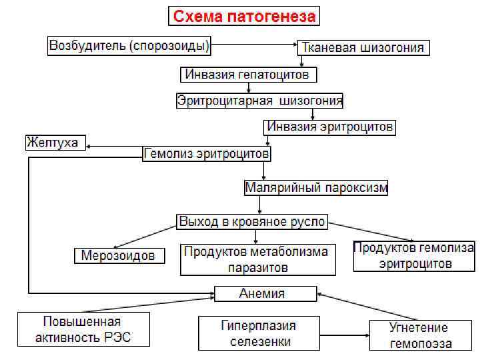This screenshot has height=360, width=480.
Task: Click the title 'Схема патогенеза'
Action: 245,16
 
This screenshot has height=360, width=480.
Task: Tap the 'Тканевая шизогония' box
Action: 363,48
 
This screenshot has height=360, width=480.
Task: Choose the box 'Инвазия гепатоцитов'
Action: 247,74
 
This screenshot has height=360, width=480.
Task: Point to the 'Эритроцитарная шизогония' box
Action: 260,101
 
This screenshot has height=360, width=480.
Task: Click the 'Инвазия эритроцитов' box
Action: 330,126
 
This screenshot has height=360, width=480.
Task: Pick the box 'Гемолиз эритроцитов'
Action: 207,154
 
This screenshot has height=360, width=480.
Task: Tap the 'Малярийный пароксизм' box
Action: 316,187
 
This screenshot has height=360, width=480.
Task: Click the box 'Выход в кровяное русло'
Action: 252,221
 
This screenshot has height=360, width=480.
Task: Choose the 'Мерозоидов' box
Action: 119,255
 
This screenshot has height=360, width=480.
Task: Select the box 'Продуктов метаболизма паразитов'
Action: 256,259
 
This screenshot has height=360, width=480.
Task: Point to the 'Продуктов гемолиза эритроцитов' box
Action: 414,255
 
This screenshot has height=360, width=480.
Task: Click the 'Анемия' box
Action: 265,293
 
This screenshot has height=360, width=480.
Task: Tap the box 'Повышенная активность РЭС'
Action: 82,329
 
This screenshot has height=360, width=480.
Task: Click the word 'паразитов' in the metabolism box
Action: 256,267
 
